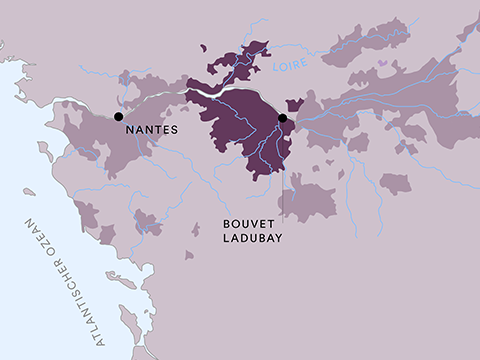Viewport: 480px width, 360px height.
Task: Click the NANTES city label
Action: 150,130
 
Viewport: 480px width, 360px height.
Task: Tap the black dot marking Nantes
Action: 119,116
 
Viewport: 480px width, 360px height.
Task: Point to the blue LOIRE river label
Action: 289,68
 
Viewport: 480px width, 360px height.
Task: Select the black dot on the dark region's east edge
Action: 282,118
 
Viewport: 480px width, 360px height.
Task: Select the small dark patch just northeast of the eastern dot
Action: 294,104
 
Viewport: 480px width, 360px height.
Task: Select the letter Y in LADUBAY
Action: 278,241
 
